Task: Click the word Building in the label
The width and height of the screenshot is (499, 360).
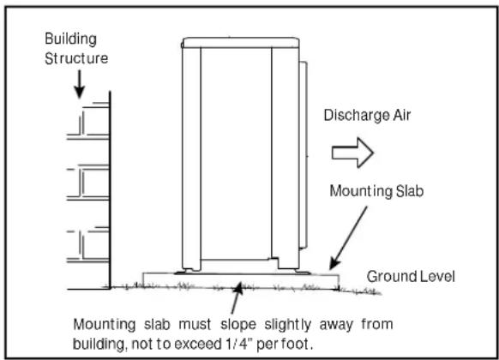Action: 70,39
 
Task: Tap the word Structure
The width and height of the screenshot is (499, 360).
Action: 76,58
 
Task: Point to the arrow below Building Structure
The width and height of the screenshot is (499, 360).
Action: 79,84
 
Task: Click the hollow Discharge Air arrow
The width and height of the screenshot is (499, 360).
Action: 352,153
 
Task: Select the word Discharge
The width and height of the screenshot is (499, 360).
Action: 357,116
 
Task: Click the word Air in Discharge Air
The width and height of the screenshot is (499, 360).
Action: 402,115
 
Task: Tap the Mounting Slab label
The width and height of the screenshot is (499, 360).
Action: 376,191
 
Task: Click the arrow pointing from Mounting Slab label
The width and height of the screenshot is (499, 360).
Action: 348,238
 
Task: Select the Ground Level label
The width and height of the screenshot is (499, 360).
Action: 411,276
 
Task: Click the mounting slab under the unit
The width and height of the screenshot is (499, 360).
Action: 241,280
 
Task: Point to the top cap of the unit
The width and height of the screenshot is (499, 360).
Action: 241,43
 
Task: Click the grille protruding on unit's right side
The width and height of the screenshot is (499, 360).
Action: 304,154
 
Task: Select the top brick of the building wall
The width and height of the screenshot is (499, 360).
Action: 94,121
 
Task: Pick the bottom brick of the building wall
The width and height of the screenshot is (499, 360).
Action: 95,244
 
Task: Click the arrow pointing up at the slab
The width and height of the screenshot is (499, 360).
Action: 237,298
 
